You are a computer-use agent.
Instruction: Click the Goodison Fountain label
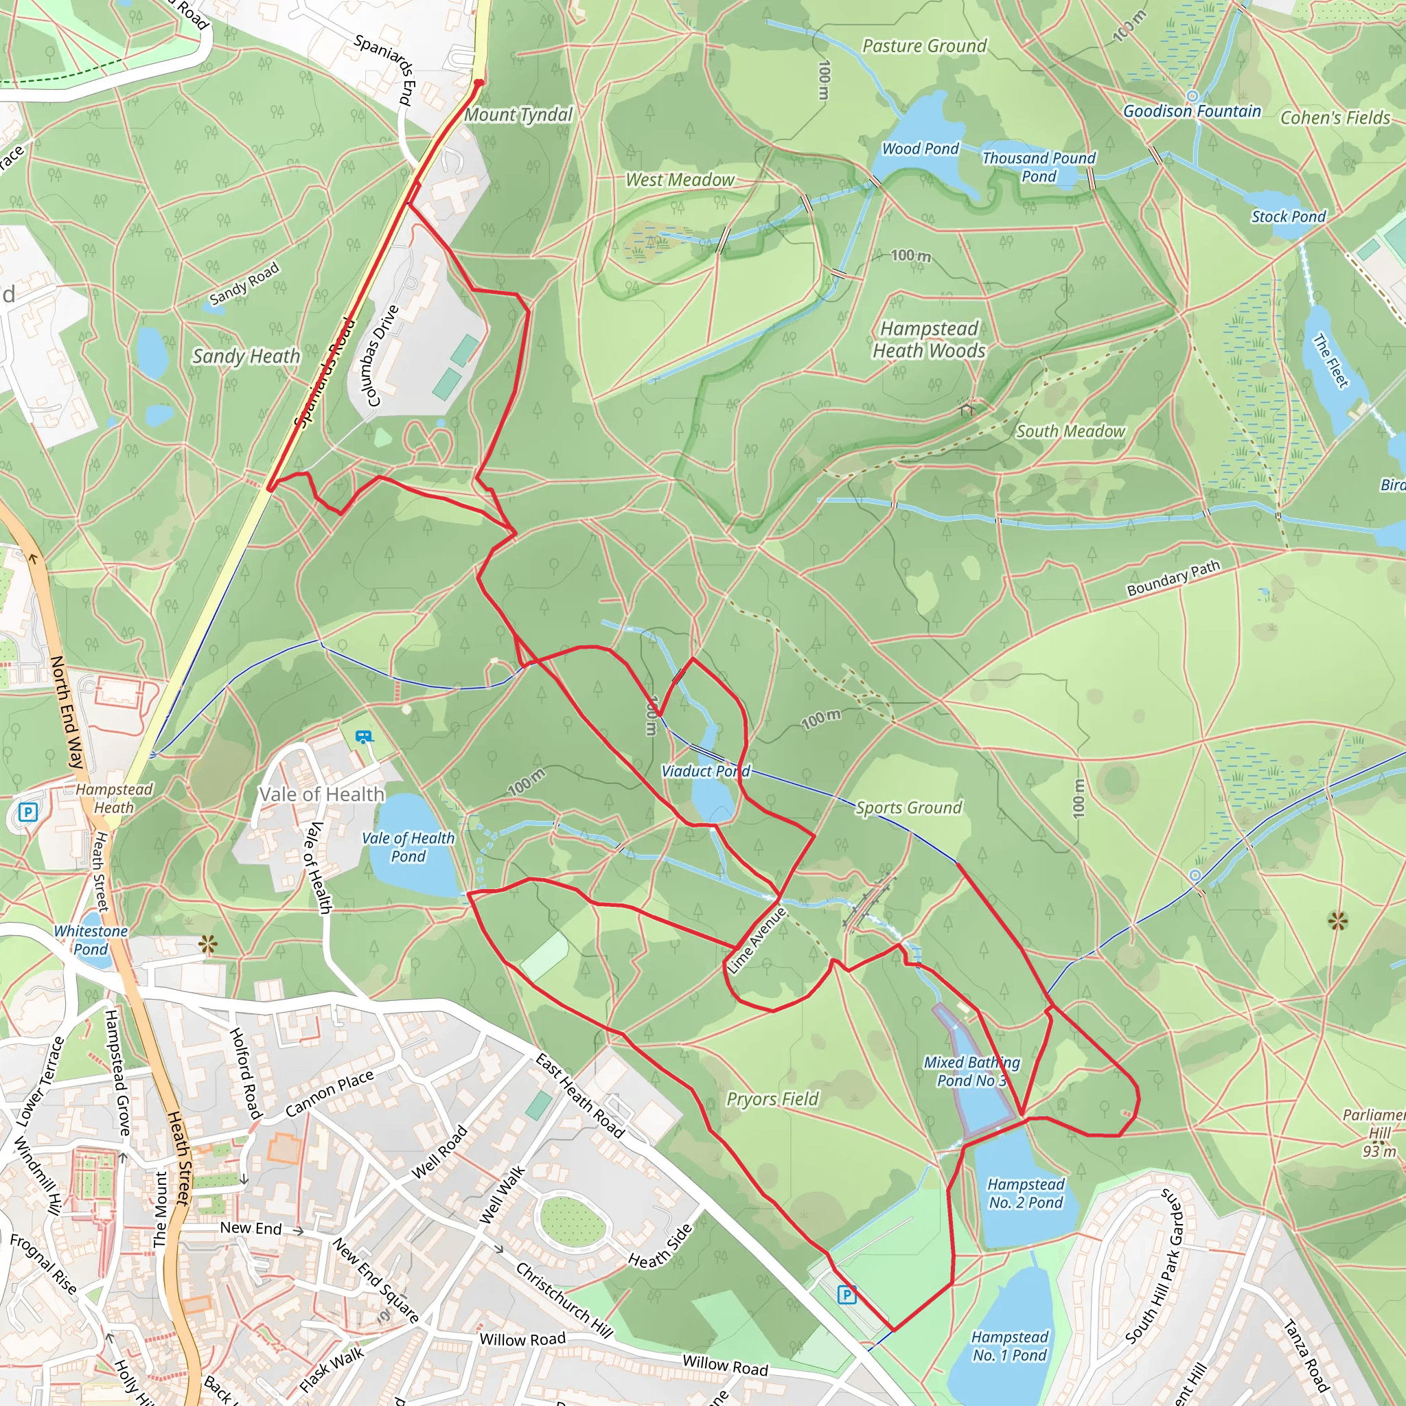1191,111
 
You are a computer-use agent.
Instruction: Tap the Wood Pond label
920,149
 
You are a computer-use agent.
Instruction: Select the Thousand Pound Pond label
1039,167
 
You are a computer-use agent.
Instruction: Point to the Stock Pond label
1288,217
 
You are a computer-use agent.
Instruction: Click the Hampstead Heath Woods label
929,340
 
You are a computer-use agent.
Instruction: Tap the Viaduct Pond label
705,772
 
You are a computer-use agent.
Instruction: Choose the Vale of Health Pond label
408,847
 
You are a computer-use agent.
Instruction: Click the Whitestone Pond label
91,940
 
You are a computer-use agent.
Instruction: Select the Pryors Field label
772,1099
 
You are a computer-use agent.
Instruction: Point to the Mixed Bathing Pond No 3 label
971,1071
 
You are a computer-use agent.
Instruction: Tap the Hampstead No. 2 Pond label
1026,1193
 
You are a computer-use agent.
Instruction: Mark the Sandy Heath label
246,356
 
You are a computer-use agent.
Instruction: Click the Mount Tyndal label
518,115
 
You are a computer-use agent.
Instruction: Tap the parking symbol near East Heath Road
846,1295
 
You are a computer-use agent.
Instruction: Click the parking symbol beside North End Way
27,811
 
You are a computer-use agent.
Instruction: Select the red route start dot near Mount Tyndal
478,83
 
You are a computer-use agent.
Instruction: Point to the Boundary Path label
1173,579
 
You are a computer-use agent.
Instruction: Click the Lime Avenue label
757,941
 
